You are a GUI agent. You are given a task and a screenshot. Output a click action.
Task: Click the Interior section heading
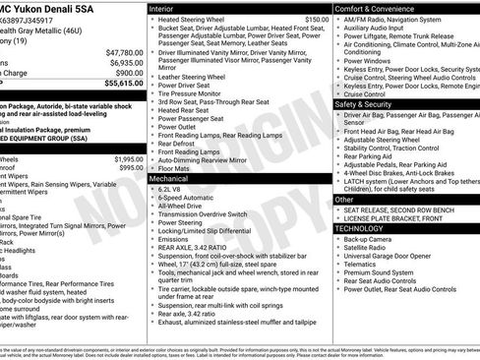[162, 8]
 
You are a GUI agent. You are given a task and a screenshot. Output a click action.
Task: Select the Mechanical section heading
[169, 179]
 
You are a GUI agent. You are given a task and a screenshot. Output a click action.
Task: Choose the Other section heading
[344, 199]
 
